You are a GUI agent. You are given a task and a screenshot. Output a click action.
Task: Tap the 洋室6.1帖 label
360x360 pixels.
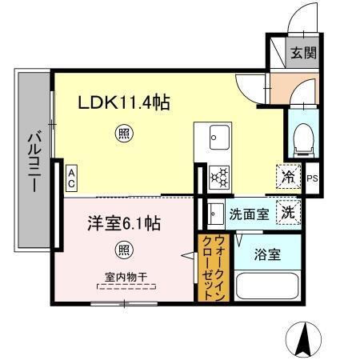click(x=123, y=224)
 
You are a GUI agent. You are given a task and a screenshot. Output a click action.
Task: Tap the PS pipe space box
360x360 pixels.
click(x=312, y=178)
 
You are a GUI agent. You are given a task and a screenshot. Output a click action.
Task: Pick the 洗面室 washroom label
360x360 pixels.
click(x=249, y=214)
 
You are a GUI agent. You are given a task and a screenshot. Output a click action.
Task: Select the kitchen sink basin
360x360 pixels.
click(x=216, y=138)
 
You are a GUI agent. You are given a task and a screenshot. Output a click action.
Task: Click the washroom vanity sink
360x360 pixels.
click(x=216, y=214)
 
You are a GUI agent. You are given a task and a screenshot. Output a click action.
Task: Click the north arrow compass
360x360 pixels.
click(x=304, y=338)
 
